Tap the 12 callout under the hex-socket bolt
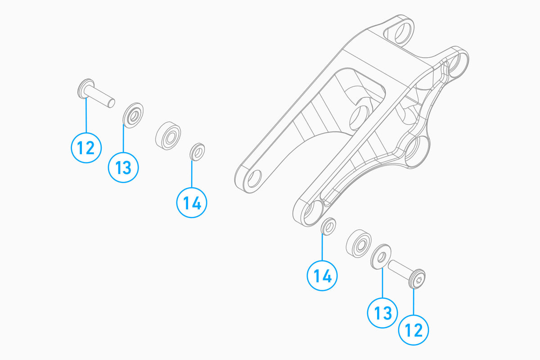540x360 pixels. point(414,331)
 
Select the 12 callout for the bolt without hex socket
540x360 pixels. point(86,147)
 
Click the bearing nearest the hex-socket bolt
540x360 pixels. point(359,244)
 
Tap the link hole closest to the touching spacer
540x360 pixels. point(311,212)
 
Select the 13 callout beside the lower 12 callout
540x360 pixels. point(382,312)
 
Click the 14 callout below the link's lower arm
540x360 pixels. point(323,275)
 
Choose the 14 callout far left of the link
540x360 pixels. point(192,202)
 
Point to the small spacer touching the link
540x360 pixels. point(328,226)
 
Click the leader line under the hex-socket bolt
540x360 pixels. point(414,301)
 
